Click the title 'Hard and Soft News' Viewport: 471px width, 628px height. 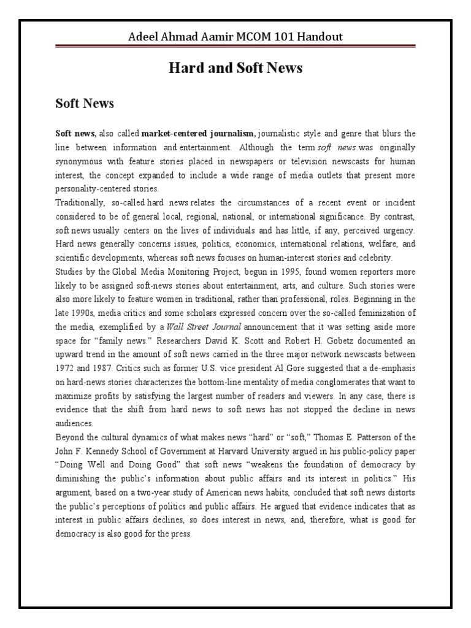click(235, 68)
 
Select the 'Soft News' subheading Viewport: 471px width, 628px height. click(85, 104)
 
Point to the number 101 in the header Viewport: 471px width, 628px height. click(269, 37)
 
